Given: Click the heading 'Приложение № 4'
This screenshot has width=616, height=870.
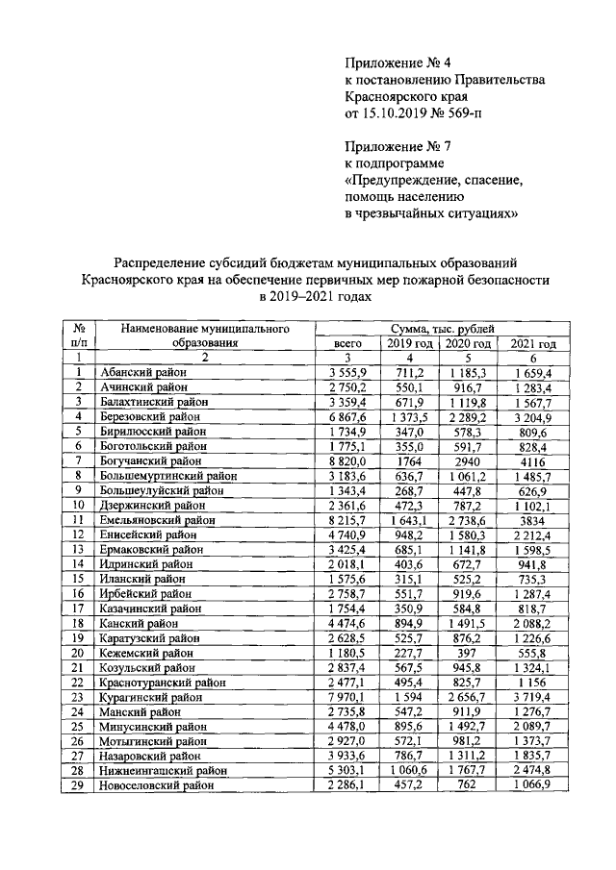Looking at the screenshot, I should pos(391,62).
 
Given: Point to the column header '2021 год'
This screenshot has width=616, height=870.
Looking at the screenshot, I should pos(533,343).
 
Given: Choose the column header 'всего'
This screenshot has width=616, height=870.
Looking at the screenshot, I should pos(346,343).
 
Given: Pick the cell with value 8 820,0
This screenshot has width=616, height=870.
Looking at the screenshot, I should pos(346,460).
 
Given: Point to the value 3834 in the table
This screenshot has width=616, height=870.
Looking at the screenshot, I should pos(533,520).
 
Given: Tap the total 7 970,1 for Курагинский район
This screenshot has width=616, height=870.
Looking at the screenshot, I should pos(346,697).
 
